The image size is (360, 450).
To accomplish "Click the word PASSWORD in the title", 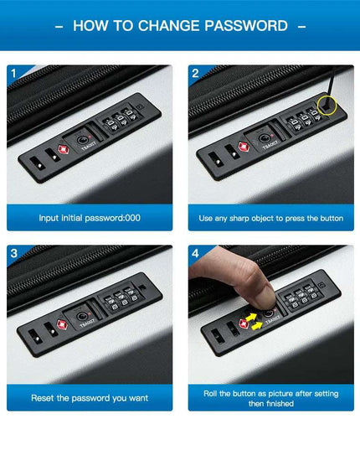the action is click(x=246, y=26).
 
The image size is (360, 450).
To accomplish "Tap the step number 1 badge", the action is click(x=13, y=74).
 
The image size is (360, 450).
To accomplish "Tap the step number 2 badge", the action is click(x=195, y=74).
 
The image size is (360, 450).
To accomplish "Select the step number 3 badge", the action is click(x=13, y=253).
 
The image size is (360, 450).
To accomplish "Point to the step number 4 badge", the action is click(x=195, y=253).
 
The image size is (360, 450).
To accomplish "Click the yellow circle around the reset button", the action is click(x=327, y=97).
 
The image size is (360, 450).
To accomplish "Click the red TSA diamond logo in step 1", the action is click(x=64, y=149).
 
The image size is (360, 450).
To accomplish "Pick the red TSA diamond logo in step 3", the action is click(x=62, y=324).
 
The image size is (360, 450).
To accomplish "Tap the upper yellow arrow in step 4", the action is click(x=251, y=318).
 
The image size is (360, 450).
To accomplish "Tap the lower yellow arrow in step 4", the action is click(x=256, y=326).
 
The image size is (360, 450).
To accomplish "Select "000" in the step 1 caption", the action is click(x=132, y=218).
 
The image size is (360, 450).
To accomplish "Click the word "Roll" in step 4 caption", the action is click(x=210, y=394).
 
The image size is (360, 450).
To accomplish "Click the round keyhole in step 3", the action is click(x=82, y=317).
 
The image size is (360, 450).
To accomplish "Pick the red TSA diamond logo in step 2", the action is click(x=244, y=147).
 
